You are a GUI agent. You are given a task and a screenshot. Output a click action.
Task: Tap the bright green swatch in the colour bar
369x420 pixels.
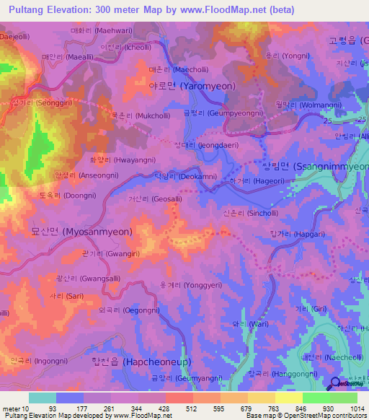click(316, 398)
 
